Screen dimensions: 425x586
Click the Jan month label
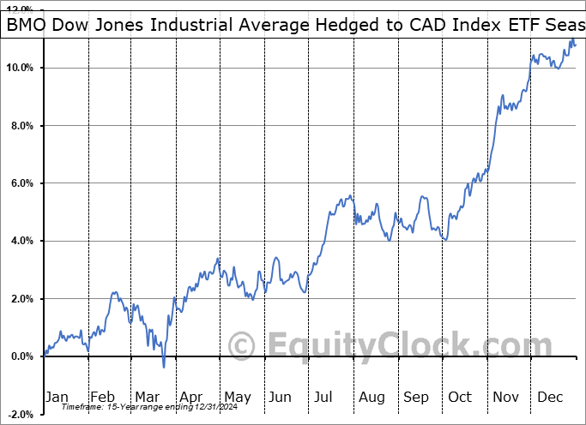tap(57, 397)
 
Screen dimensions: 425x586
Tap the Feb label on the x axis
tap(102, 397)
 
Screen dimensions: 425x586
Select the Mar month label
tap(146, 397)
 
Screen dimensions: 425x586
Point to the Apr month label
tap(190, 397)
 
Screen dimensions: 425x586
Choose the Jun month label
tap(281, 397)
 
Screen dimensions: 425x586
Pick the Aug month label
tap(372, 397)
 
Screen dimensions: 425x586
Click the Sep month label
tap(416, 397)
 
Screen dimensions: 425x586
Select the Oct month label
tap(460, 397)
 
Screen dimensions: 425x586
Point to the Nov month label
tap(504, 397)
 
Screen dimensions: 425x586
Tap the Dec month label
tap(549, 397)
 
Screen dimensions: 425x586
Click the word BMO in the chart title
tap(27, 26)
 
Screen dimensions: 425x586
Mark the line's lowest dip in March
tap(164, 367)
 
